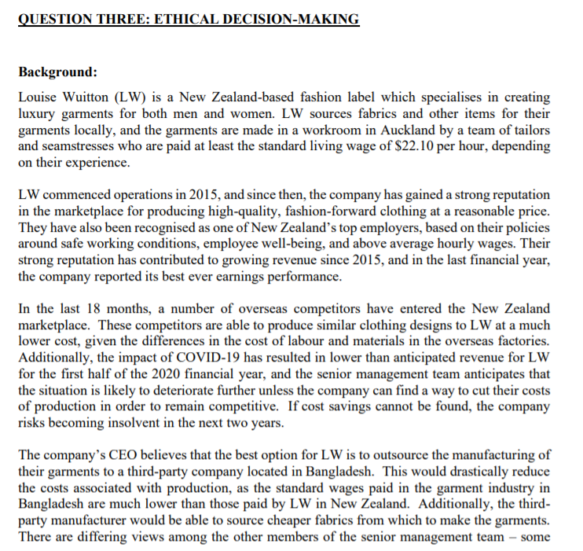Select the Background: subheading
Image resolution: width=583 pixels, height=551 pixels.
57,72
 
